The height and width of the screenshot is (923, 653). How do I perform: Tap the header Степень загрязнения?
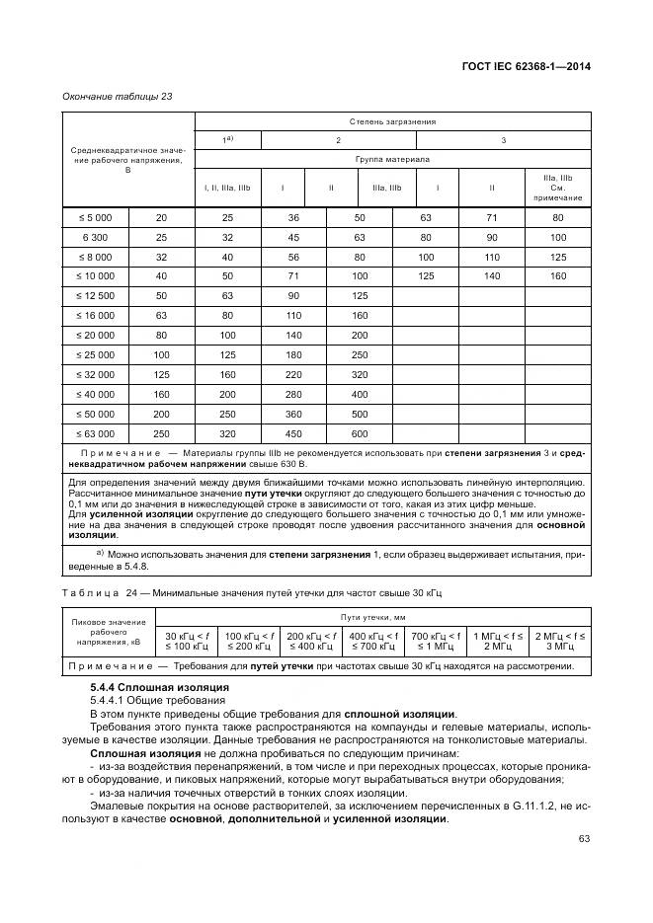click(x=392, y=121)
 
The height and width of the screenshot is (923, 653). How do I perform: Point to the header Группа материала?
click(x=392, y=157)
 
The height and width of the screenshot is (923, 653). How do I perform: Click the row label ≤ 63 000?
click(x=96, y=432)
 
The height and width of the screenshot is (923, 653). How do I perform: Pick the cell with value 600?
click(x=359, y=432)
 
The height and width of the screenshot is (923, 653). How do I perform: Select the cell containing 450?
click(x=293, y=432)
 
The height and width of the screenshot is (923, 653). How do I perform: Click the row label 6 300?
click(x=96, y=238)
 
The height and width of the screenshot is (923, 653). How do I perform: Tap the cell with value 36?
click(x=293, y=216)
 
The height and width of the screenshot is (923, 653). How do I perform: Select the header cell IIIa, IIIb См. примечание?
click(x=558, y=187)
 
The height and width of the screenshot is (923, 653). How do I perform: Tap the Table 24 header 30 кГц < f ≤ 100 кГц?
click(x=189, y=641)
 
